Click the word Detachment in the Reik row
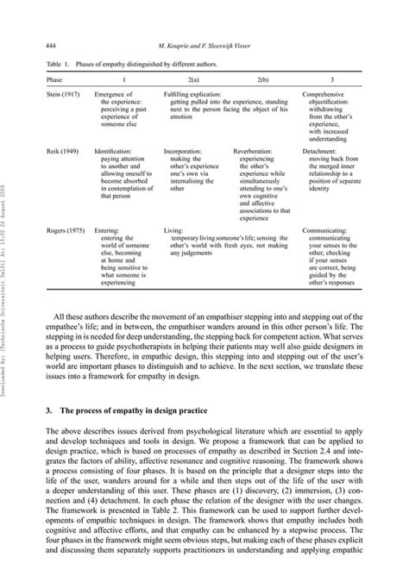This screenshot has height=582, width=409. click(324, 151)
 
